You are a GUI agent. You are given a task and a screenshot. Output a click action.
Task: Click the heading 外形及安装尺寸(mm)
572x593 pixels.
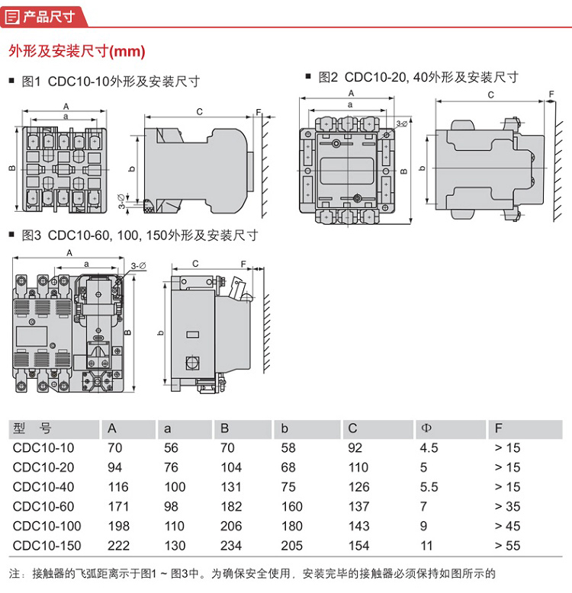76,51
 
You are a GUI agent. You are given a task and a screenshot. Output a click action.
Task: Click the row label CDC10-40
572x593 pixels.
44,487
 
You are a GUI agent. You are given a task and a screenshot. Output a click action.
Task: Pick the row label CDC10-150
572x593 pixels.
47,546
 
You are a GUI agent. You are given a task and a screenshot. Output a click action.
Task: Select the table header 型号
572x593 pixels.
32,428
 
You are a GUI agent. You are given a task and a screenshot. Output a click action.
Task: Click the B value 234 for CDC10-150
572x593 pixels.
231,546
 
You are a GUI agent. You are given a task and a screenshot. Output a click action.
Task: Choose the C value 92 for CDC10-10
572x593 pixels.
355,448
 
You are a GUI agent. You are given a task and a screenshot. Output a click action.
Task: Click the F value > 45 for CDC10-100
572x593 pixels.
508,526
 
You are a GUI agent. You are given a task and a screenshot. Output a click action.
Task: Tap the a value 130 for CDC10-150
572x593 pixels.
175,546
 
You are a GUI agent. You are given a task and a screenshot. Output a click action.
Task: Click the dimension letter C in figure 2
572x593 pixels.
490,95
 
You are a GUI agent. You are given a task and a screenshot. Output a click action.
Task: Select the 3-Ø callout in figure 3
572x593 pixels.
138,264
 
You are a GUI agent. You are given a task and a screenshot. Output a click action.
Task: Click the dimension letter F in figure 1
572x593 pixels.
259,112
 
